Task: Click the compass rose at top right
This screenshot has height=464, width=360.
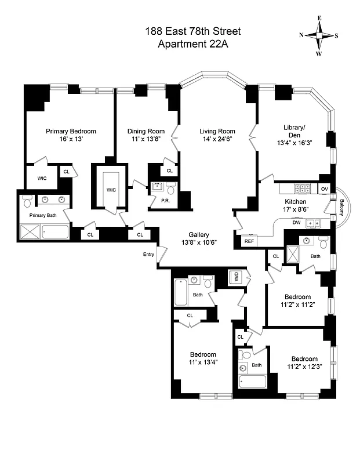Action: pos(319,35)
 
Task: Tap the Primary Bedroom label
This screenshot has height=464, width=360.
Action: pos(71,131)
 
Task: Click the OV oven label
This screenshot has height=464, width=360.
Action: pos(324,189)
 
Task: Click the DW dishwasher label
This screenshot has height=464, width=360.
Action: pos(296,222)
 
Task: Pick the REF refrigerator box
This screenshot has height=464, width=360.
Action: pos(249,241)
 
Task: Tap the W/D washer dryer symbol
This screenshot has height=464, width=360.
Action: pos(236,277)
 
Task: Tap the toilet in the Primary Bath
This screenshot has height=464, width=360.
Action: pos(27,202)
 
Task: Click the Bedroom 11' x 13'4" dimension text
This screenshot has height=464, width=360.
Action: pos(203,363)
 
